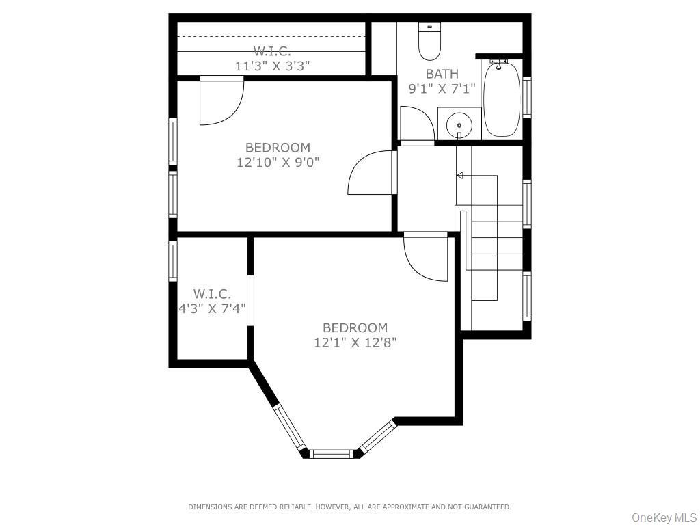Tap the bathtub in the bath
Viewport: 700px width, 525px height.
pyautogui.click(x=502, y=100)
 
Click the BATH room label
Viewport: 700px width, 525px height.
pyautogui.click(x=442, y=74)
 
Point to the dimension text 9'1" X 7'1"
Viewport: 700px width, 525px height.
pyautogui.click(x=442, y=88)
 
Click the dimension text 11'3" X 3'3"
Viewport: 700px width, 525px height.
pyautogui.click(x=272, y=66)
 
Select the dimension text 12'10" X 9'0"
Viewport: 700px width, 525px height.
pyautogui.click(x=278, y=162)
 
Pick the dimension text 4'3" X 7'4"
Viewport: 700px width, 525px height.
pyautogui.click(x=212, y=308)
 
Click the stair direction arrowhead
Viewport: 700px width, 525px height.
pyautogui.click(x=460, y=176)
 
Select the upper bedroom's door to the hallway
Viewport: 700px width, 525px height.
pyautogui.click(x=371, y=173)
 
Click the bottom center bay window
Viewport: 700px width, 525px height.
pyautogui.click(x=332, y=453)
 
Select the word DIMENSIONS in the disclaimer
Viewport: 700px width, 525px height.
pyautogui.click(x=208, y=507)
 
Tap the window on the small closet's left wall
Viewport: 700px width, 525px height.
pyautogui.click(x=173, y=262)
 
